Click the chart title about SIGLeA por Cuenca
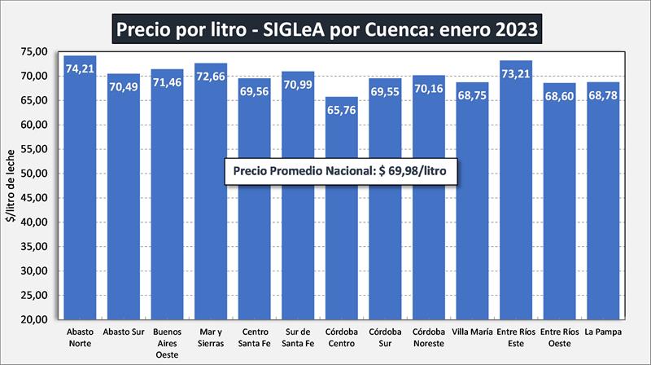pyautogui.click(x=325, y=29)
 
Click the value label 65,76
pyautogui.click(x=341, y=110)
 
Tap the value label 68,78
pyautogui.click(x=602, y=96)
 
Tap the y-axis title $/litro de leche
pyautogui.click(x=11, y=186)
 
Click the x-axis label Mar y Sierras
pyautogui.click(x=211, y=337)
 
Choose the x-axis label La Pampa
pyautogui.click(x=602, y=332)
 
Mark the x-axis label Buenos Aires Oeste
pyautogui.click(x=167, y=342)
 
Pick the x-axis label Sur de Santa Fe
pyautogui.click(x=298, y=337)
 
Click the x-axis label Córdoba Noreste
pyautogui.click(x=428, y=337)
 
